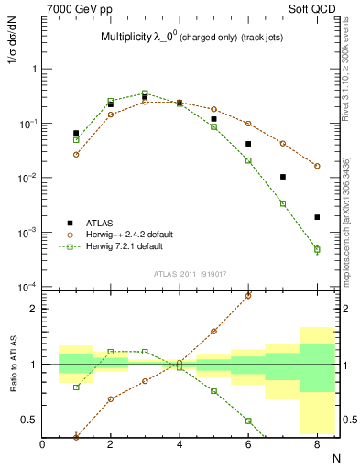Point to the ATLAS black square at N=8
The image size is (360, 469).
pyautogui.click(x=317, y=217)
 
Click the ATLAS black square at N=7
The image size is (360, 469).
pyautogui.click(x=283, y=177)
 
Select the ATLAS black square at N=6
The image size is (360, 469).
pyautogui.click(x=248, y=144)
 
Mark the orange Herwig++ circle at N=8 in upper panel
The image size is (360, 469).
pyautogui.click(x=317, y=166)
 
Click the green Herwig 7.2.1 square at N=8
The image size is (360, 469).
pyautogui.click(x=317, y=249)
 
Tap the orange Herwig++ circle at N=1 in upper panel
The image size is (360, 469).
pyautogui.click(x=76, y=154)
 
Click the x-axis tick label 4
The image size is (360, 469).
pyautogui.click(x=180, y=444)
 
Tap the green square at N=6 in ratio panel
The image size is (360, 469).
pyautogui.click(x=248, y=420)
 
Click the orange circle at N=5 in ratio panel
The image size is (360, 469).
pyautogui.click(x=214, y=331)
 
